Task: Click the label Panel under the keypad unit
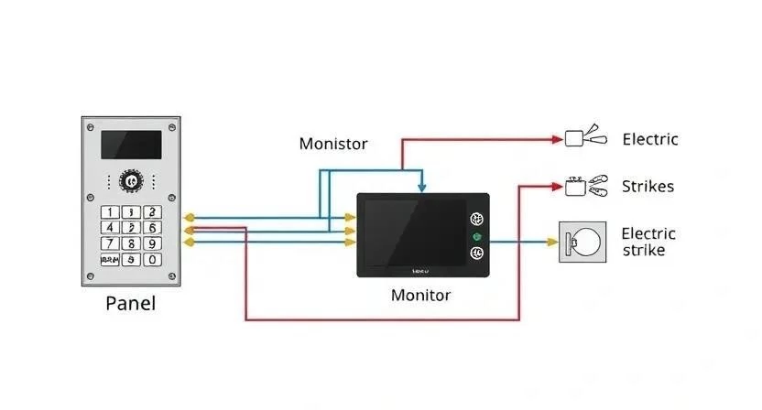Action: coord(130,303)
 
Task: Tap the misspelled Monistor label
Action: coord(333,144)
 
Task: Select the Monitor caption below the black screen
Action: coord(420,295)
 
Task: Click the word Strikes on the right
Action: coord(648,187)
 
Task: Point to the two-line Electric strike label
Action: coord(648,242)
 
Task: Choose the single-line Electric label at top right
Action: coord(649,140)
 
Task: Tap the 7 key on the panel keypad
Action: coord(110,243)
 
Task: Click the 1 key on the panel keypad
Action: coord(110,211)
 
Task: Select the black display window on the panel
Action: coord(131,145)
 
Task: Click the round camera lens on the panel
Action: coord(131,182)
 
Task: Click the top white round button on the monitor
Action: coord(476,220)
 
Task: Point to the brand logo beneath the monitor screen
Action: coord(420,271)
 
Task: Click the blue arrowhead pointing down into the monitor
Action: coord(420,188)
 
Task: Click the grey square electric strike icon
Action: coord(582,243)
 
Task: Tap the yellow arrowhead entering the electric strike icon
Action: coord(552,243)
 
